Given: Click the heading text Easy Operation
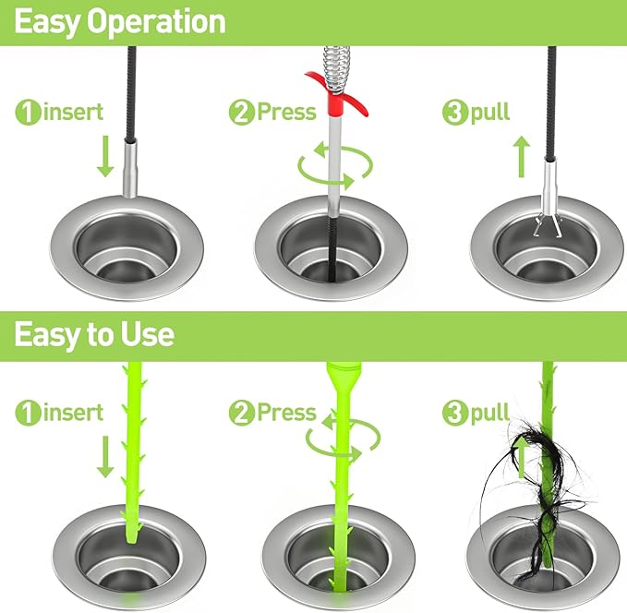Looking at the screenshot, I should point(120,22).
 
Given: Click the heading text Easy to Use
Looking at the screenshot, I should point(94,333).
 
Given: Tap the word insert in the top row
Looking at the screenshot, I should point(72,114).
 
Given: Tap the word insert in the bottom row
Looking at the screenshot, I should point(72,413).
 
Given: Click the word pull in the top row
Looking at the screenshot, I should point(490,114).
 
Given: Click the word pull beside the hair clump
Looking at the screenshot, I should point(489,413).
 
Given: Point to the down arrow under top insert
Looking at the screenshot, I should point(105,157).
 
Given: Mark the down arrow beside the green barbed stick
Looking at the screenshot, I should point(105,457).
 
